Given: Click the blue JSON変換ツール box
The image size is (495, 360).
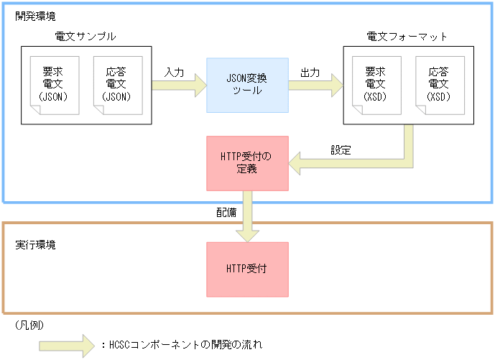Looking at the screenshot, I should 247,85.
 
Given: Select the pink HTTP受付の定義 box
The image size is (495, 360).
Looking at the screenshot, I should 247,164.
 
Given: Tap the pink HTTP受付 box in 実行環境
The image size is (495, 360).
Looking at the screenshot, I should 247,269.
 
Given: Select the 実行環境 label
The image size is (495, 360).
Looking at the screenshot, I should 35,244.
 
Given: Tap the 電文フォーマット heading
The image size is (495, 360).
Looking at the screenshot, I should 407,36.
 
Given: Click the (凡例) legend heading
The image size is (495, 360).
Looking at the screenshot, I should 29,325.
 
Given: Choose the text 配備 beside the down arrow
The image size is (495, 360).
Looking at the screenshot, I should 226,213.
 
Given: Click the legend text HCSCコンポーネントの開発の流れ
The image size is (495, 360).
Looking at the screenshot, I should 185,344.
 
